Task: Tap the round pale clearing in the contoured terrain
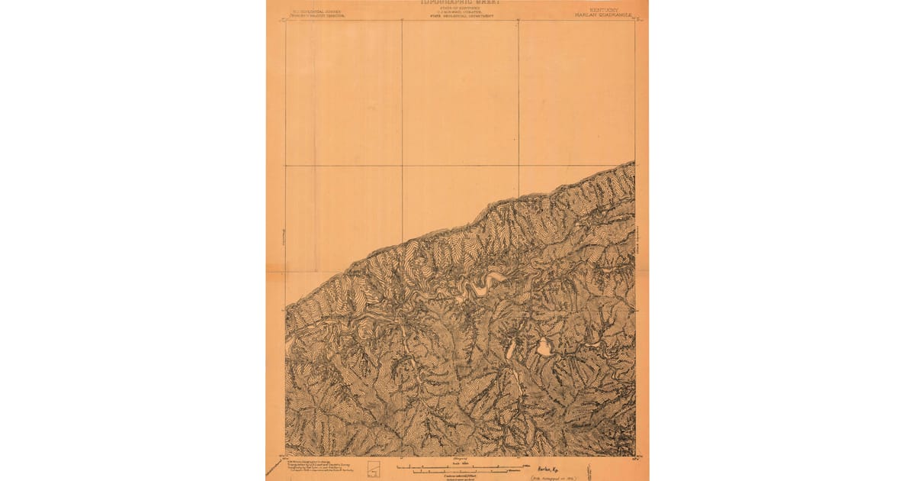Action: pos(544,347)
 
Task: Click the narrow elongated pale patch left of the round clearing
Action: pos(510,350)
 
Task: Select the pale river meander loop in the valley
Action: pos(482,286)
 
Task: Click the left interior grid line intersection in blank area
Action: pos(402,165)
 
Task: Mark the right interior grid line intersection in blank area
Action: pos(518,165)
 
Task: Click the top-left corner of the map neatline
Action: pos(285,20)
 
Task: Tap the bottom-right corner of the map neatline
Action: pos(635,456)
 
